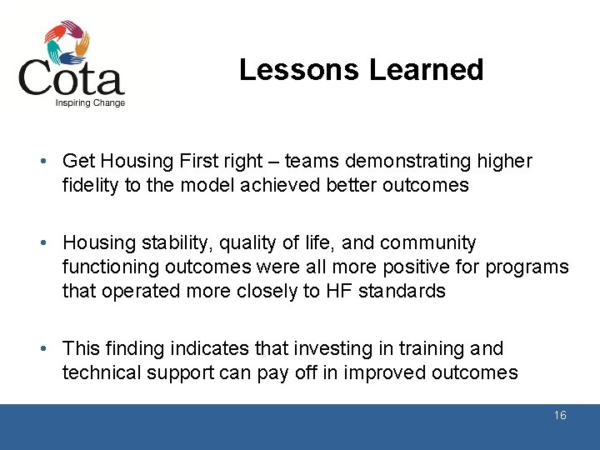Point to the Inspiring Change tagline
pyautogui.click(x=90, y=103)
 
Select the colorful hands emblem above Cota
pyautogui.click(x=67, y=42)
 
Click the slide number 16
pyautogui.click(x=560, y=415)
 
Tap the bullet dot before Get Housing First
pyautogui.click(x=52, y=161)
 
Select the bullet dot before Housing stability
pyautogui.click(x=52, y=243)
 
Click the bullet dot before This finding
pyautogui.click(x=52, y=349)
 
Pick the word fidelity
pyautogui.click(x=91, y=185)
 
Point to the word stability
pyautogui.click(x=167, y=243)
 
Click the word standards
pyautogui.click(x=402, y=292)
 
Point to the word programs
pyautogui.click(x=529, y=267)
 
